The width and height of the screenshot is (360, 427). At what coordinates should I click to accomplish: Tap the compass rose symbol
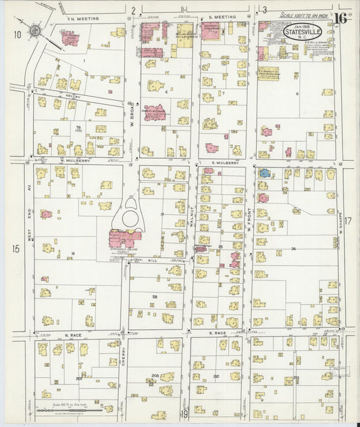[36, 30]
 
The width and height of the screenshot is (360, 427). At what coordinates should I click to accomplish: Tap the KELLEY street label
[73, 97]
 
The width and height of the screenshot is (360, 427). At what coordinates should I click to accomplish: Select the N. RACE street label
[73, 334]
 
